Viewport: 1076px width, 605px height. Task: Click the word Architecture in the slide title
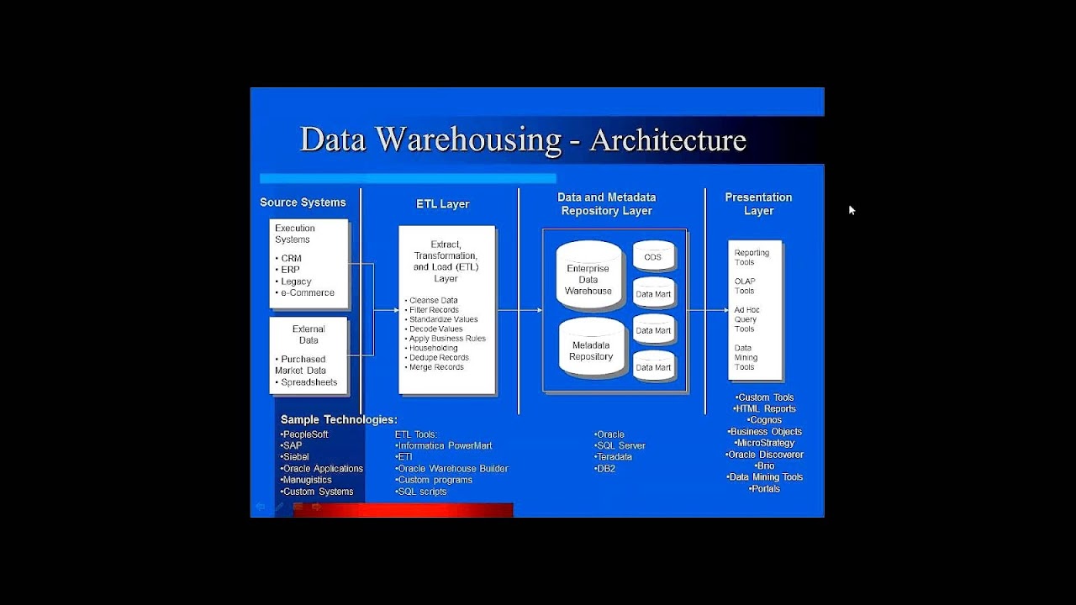pos(667,139)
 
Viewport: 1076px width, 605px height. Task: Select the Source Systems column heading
pos(303,203)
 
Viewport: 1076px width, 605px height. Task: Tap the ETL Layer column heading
pos(443,204)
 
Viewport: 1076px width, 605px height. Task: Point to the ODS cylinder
pos(653,257)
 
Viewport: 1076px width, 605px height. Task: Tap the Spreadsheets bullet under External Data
pos(308,382)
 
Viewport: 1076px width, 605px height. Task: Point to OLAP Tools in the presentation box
pos(745,287)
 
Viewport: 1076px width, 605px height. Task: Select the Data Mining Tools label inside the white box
pos(746,357)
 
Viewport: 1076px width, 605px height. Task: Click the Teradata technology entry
pos(614,457)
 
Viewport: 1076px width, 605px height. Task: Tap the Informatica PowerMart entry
pos(445,445)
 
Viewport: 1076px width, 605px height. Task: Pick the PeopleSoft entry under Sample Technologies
pos(305,434)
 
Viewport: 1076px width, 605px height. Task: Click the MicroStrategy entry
pos(765,443)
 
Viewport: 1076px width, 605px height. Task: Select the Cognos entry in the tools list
pos(765,420)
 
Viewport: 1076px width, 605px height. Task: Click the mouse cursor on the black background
pos(852,210)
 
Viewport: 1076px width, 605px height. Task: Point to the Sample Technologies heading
pos(339,419)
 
